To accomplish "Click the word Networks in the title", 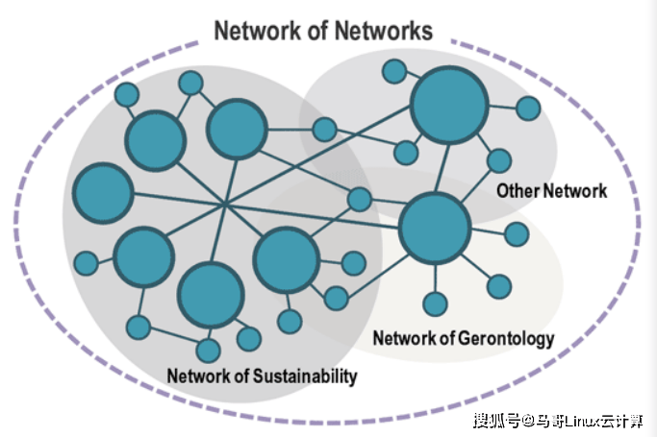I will pos(383,31).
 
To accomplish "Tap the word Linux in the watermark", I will pos(581,420).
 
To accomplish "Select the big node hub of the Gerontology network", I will pos(434,228).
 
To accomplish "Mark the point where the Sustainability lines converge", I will pos(224,204).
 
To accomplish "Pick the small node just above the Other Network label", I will pos(499,160).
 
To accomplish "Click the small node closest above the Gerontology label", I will pos(436,303).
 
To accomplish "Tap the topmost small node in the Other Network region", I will pos(393,70).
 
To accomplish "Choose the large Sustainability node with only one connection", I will pos(103,192).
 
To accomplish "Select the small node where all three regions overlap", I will pos(360,199).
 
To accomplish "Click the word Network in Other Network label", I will pos(578,190).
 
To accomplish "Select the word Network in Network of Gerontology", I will pos(404,338).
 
